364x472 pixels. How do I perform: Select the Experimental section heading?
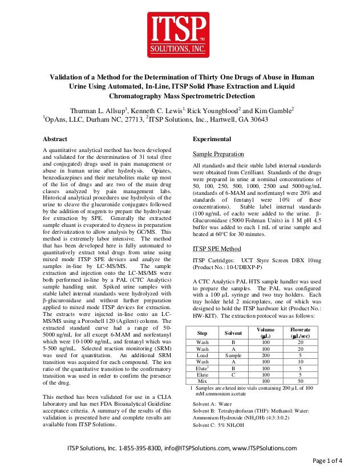[x=212, y=139]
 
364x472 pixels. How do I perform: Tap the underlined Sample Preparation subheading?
[x=219, y=154]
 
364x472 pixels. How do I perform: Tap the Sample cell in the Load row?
[x=233, y=355]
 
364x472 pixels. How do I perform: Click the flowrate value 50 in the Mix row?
[x=300, y=380]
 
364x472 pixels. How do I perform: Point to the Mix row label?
[x=202, y=380]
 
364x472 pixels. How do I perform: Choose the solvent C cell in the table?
[x=233, y=374]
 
